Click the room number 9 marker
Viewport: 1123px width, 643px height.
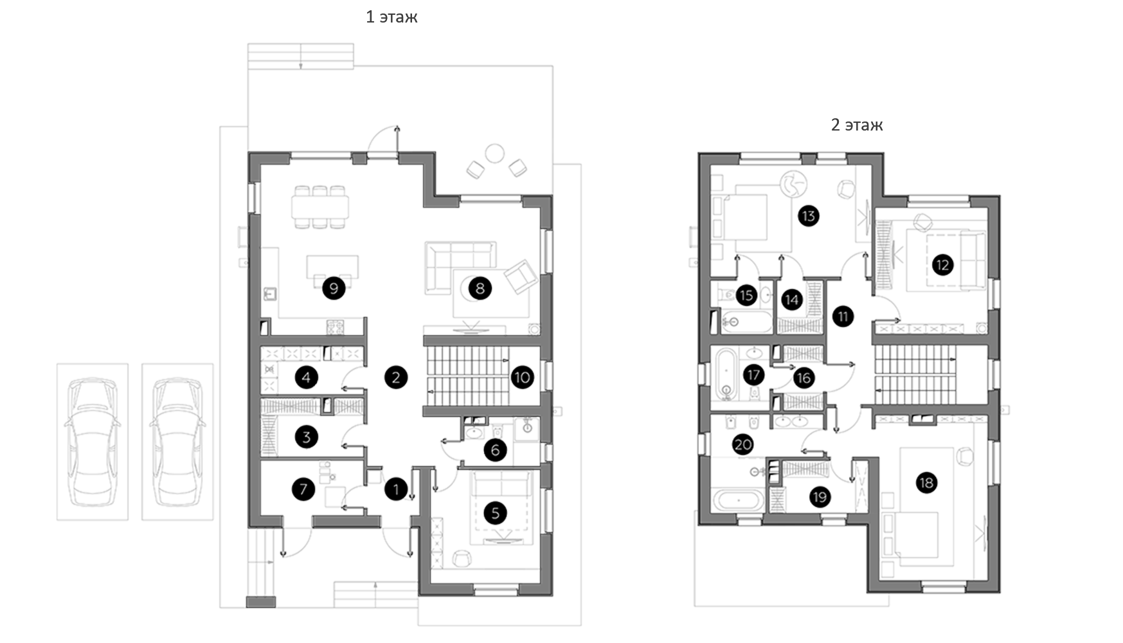pos(334,287)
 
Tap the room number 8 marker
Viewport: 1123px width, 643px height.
pos(480,288)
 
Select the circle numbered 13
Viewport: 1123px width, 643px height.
pos(809,215)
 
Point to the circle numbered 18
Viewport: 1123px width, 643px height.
pos(926,483)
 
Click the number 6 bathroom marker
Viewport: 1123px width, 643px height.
pos(495,449)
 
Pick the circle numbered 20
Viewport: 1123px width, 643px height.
pos(743,444)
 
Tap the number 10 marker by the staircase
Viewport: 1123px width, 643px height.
pos(522,377)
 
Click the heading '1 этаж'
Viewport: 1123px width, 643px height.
pos(391,17)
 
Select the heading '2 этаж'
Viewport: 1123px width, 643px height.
pos(857,125)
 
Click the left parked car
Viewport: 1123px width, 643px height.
pos(93,442)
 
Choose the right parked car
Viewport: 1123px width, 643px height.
pos(177,442)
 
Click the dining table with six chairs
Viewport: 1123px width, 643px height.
pos(320,207)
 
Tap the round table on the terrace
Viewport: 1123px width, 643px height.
pos(495,154)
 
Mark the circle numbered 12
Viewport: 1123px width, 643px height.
pos(942,264)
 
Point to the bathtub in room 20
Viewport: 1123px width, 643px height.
pos(739,500)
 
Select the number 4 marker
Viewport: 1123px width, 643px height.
pos(306,377)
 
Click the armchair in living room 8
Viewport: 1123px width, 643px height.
pos(521,276)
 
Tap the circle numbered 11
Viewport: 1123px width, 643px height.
pos(843,316)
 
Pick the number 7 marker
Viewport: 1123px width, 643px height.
pos(303,489)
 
